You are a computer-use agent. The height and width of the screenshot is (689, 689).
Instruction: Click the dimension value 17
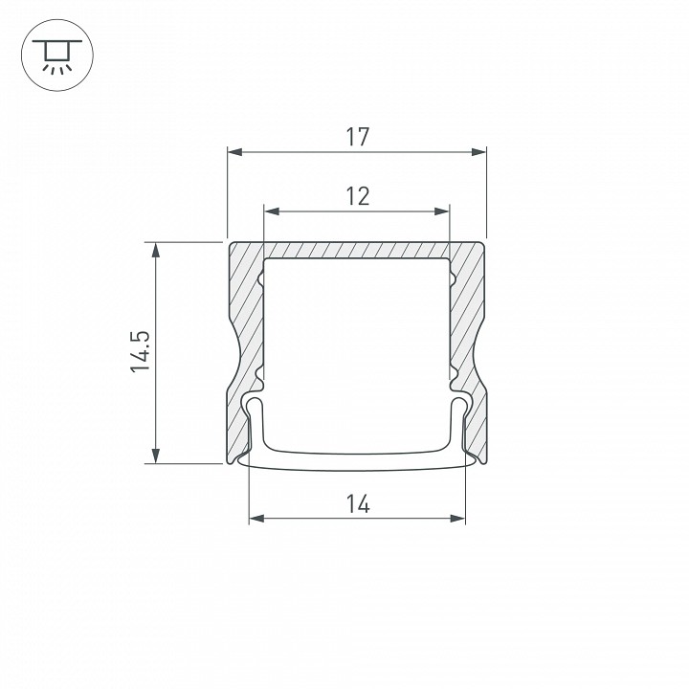[x=358, y=137]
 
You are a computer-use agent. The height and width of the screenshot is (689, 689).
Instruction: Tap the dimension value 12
[x=358, y=196]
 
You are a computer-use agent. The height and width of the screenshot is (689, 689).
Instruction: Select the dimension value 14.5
[x=141, y=351]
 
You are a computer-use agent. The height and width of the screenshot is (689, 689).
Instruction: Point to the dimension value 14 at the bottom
[x=358, y=504]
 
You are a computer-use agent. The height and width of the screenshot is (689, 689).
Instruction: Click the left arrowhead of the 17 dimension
[x=235, y=152]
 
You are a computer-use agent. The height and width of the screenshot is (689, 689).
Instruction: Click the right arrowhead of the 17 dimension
[x=478, y=152]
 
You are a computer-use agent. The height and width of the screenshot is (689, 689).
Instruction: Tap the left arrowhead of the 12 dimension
[x=272, y=211]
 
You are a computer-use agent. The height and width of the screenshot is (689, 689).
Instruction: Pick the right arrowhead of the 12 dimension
[x=441, y=211]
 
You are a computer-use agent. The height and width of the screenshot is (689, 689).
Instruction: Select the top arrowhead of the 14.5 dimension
[x=156, y=250]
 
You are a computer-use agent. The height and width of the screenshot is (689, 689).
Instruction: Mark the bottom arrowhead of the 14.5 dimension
[x=156, y=456]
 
